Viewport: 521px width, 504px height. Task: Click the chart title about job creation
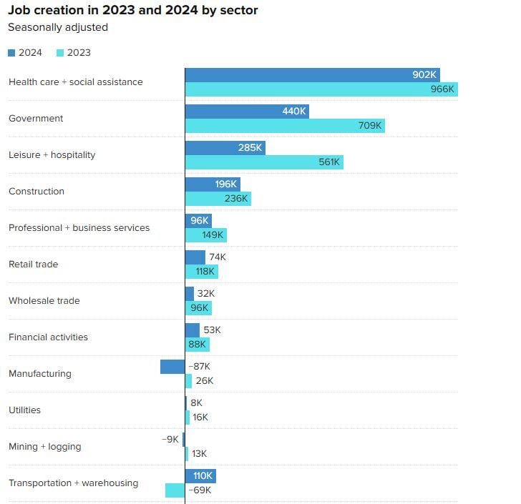(x=132, y=11)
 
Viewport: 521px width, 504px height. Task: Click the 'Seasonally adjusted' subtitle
(x=58, y=28)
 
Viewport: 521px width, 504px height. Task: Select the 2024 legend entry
(x=25, y=52)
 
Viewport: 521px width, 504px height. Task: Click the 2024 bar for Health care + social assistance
(x=312, y=75)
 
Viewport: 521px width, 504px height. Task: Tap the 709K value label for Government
(x=370, y=126)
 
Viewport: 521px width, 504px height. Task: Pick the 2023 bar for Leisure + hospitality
(x=264, y=162)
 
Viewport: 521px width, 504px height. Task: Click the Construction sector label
(x=36, y=192)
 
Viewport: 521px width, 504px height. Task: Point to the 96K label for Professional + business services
(x=199, y=221)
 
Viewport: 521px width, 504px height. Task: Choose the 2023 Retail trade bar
(x=201, y=272)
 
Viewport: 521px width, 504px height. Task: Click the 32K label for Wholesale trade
(x=206, y=294)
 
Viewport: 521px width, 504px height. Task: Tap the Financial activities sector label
(x=48, y=337)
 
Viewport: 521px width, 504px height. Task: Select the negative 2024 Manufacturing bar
(x=172, y=367)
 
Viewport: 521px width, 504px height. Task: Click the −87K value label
(x=199, y=367)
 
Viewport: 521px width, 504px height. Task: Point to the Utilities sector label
(x=24, y=410)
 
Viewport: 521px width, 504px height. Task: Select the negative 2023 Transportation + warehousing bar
(x=175, y=490)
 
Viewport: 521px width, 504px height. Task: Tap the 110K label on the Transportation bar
(x=203, y=476)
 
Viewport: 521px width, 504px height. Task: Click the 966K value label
(x=442, y=89)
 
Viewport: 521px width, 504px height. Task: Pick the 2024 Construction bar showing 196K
(x=213, y=184)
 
